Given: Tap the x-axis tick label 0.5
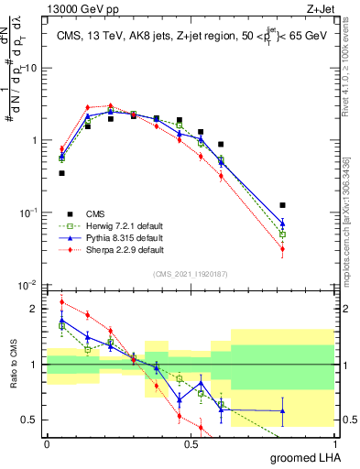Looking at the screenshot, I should coord(191,443).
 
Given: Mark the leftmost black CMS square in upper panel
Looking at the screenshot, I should coord(61,172).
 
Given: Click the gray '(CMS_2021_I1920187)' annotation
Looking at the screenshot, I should coord(191,274).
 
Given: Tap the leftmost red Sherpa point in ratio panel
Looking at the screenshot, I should coord(61,302).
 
